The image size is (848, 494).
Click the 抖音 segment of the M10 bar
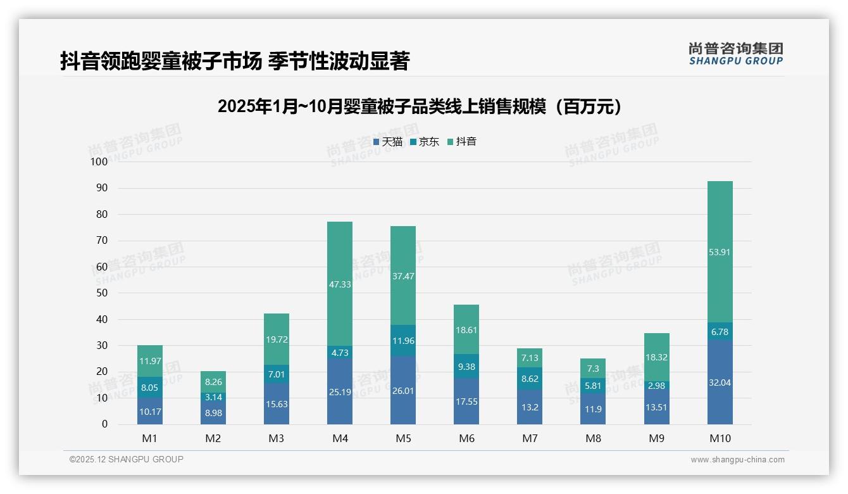coord(720,252)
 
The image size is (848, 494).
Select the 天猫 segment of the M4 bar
coord(340,391)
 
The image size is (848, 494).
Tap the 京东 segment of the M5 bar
coord(403,341)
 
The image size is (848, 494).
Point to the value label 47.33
coord(340,285)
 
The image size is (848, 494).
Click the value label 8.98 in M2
coord(213,412)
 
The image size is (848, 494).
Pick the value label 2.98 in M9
coord(656,386)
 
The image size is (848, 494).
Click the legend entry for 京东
coord(425,142)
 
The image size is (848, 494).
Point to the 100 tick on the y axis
coord(99,161)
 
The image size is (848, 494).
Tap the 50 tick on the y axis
coord(101,293)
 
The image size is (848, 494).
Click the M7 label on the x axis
coord(530,439)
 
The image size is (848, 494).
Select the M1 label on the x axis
coord(150,439)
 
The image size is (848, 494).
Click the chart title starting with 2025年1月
coord(423,106)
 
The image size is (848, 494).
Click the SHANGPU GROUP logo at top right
coord(735,54)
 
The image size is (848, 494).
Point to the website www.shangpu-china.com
coord(737,460)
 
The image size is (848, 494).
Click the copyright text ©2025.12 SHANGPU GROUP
coord(127,460)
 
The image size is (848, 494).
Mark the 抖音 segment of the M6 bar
coord(466,329)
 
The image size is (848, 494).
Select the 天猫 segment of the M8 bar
coord(593,409)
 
